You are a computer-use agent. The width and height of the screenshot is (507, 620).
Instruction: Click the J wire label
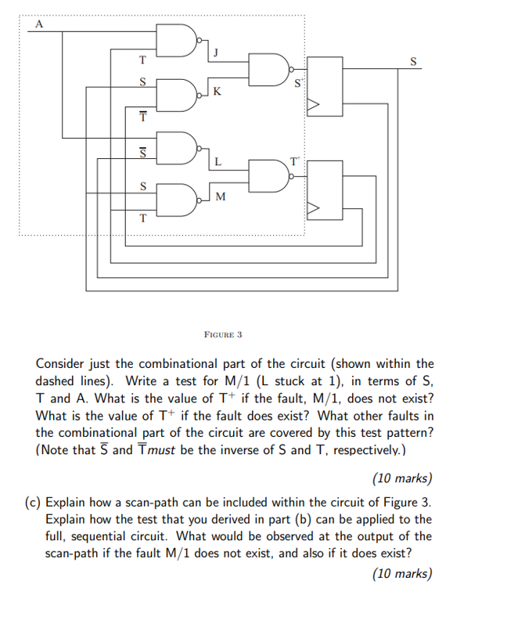(215, 53)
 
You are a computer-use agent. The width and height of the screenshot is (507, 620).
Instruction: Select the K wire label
(217, 92)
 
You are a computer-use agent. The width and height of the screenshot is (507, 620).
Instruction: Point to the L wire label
(217, 162)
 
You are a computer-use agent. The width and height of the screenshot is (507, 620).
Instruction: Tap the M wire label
(219, 196)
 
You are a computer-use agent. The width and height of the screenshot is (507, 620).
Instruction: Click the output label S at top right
(414, 62)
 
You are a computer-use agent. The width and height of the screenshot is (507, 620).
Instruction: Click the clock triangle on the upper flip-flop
(315, 104)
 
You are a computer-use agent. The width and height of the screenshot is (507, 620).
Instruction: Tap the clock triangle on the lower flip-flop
(315, 209)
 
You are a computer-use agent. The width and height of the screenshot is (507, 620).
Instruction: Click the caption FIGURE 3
(222, 334)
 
